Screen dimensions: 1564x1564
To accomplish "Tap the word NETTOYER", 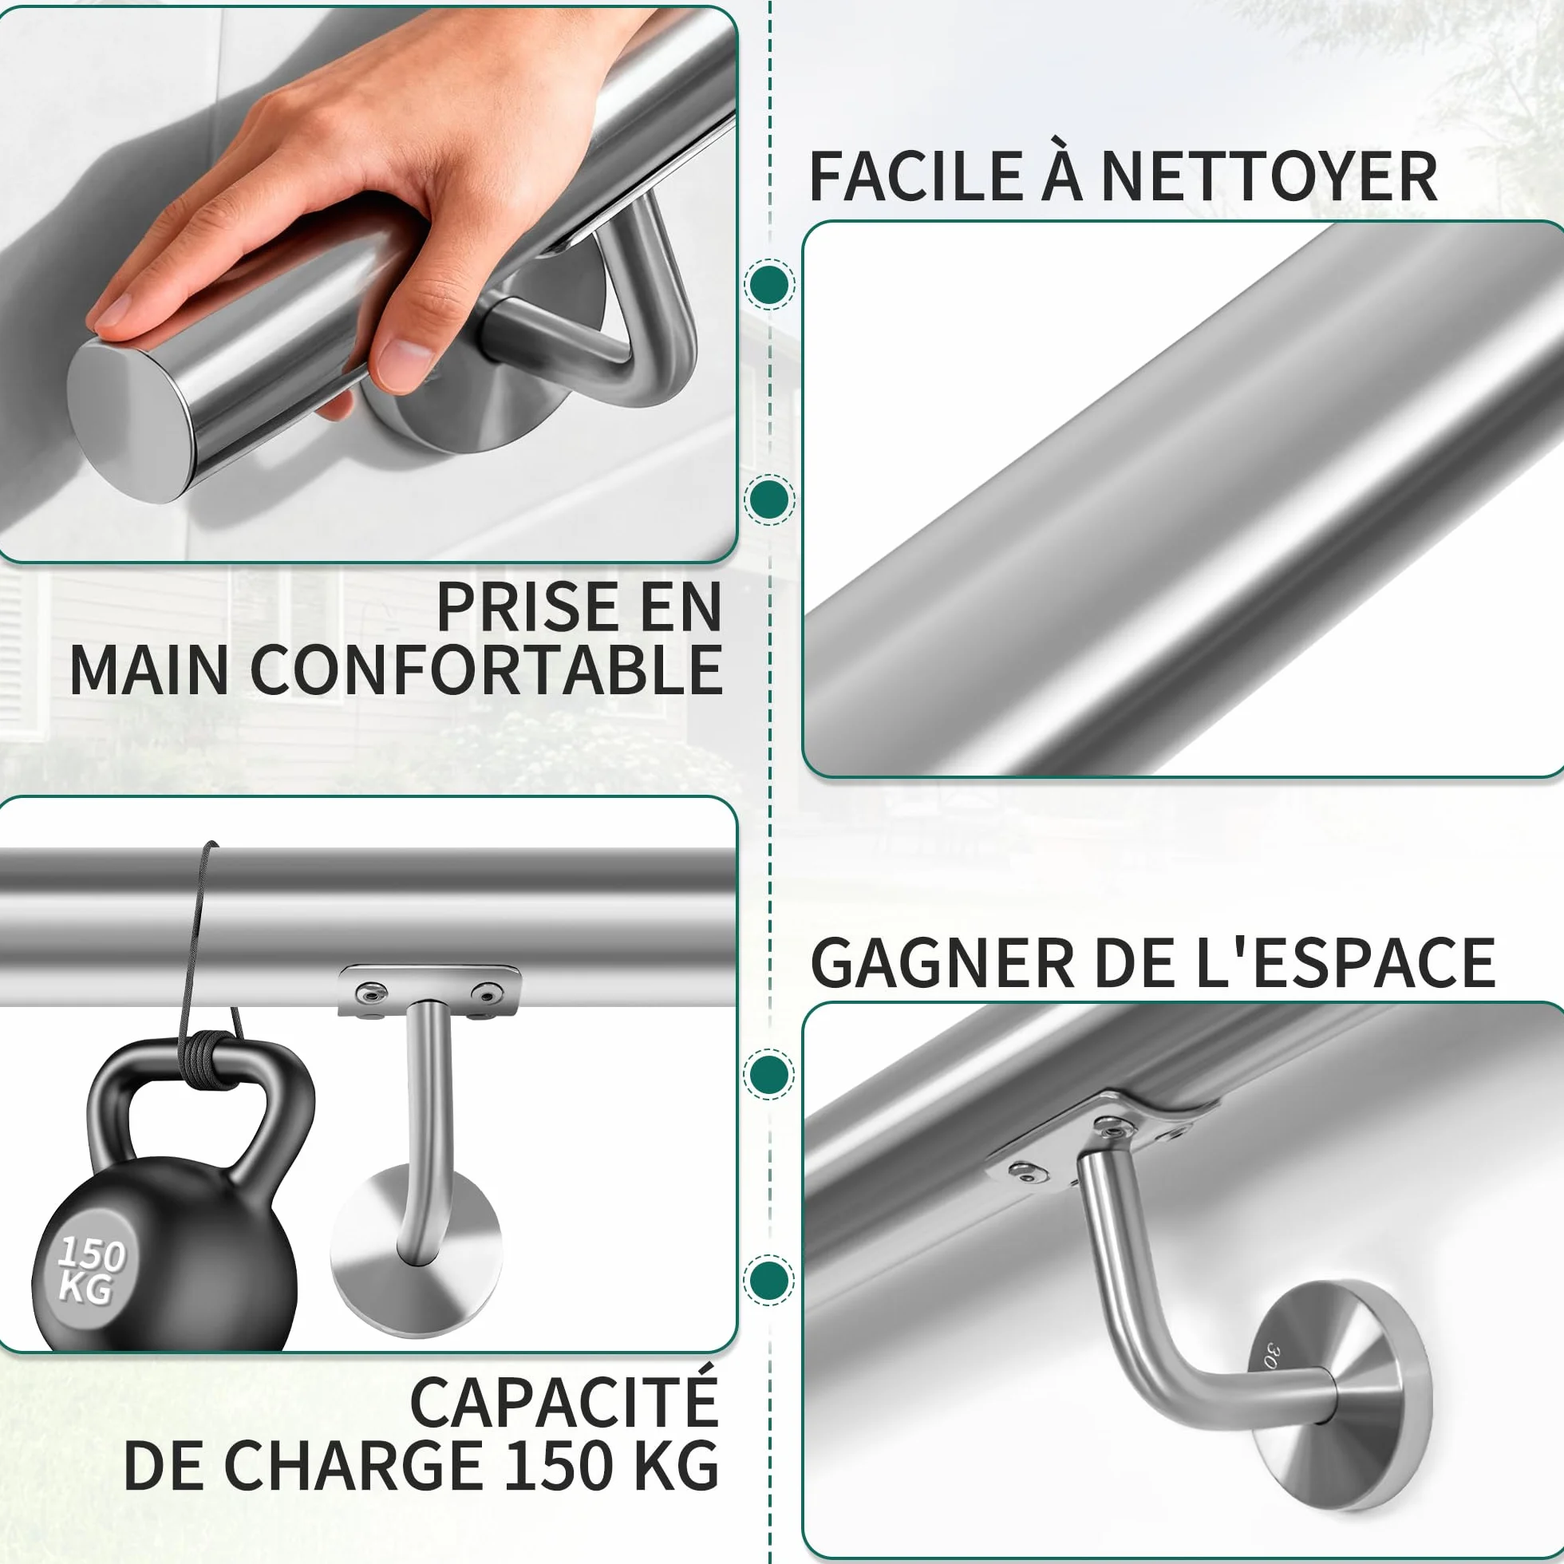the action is (1269, 176).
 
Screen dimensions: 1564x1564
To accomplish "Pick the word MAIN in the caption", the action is (150, 670).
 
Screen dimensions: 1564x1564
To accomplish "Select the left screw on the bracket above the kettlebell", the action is (374, 992).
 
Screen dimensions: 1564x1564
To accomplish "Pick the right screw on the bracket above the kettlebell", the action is (487, 992).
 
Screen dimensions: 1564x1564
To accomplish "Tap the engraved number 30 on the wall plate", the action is (1274, 1355).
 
